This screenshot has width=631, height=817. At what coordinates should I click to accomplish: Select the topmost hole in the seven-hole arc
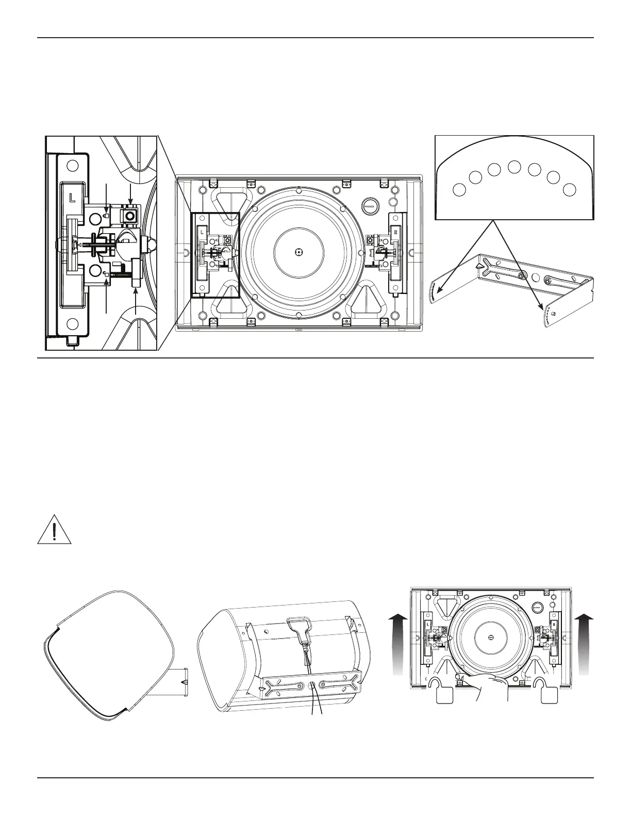[x=514, y=167]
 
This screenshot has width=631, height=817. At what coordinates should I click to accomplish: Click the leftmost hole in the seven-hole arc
[x=458, y=189]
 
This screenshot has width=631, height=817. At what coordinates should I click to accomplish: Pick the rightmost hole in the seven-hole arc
[x=569, y=189]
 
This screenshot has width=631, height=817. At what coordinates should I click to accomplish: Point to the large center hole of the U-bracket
[x=536, y=279]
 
